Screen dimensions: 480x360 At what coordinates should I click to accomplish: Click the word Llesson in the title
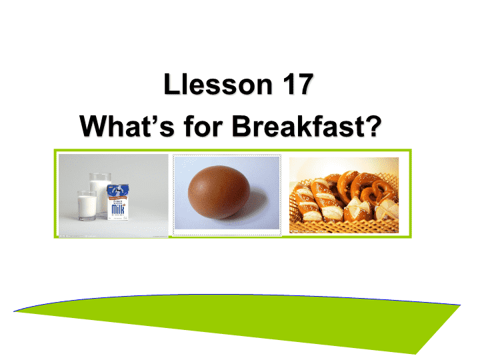pos(217,84)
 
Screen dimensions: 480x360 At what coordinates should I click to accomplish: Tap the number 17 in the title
pos(298,84)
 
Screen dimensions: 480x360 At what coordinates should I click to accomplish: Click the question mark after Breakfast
pos(373,125)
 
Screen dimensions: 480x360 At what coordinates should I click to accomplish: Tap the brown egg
pos(219,191)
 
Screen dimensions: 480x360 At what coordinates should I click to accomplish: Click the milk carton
pos(118,201)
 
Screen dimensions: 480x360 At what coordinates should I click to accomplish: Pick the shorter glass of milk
pos(87,206)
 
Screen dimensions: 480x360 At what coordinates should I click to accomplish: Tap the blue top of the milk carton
pos(118,191)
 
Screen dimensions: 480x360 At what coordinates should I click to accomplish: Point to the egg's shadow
pos(257,205)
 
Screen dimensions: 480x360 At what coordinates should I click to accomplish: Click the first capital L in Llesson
pos(171,84)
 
